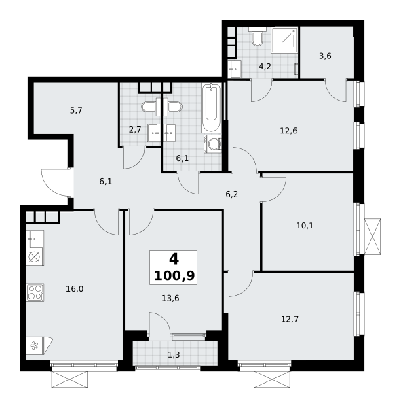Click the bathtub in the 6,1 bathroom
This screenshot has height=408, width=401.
pos(211,107)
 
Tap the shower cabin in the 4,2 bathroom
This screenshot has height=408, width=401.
pos(285,40)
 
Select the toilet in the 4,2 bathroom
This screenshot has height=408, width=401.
pos(257,37)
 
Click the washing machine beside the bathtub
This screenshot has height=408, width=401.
pos(212,143)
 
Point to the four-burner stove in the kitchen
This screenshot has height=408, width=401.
pos(35,292)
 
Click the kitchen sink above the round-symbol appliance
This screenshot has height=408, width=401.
pos(35,239)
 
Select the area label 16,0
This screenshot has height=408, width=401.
pos(75,288)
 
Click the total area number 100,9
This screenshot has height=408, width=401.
pos(174,276)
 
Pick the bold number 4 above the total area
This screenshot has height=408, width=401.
pos(174,259)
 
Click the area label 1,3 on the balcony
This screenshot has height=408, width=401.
pos(174,355)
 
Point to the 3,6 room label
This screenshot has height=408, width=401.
pos(325,56)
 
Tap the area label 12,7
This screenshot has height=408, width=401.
pos(290,319)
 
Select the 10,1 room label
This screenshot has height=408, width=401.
pos(305,226)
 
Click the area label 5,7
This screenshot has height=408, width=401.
pos(76,111)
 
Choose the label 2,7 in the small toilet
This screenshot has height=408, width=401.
pos(135,129)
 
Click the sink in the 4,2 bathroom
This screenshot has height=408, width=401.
pos(235,69)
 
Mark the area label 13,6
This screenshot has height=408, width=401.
pos(170,298)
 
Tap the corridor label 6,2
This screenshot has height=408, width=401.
pos(232,194)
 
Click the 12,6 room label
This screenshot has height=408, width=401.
pos(289,131)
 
